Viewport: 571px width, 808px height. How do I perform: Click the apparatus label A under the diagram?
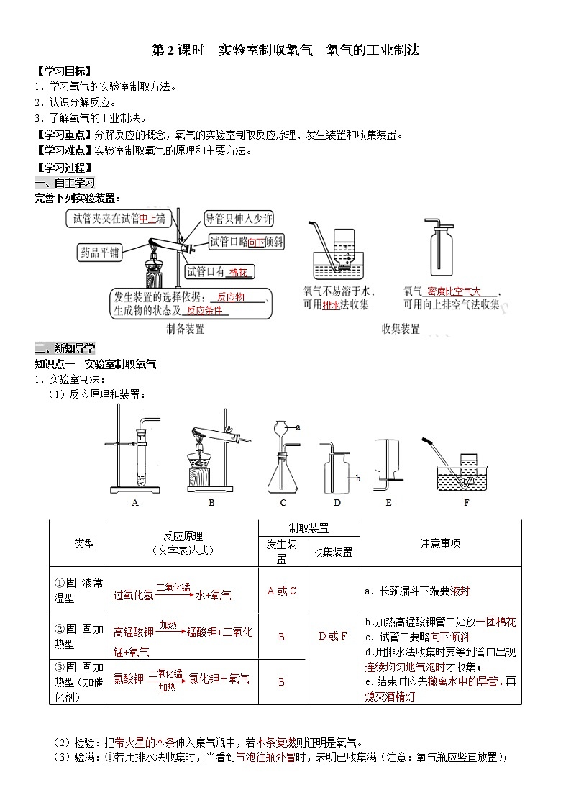[134, 503]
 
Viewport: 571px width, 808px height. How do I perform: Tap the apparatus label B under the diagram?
[211, 503]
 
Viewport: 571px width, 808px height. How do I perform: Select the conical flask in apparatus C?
[283, 472]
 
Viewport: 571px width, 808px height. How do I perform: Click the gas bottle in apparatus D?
[337, 471]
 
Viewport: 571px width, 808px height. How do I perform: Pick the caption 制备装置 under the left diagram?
[185, 330]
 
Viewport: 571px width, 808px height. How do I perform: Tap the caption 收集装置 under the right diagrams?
[401, 330]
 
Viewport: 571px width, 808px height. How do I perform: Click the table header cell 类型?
[84, 543]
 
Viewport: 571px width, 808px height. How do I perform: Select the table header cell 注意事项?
[440, 543]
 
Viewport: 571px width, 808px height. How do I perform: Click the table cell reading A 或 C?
[282, 591]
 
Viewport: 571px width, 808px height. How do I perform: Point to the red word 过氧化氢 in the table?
[133, 596]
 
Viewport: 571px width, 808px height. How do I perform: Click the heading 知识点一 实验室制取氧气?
[95, 364]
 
